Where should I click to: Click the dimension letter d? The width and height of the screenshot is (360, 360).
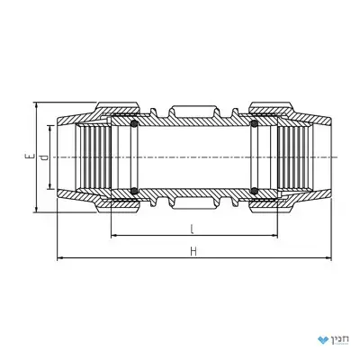click(44, 157)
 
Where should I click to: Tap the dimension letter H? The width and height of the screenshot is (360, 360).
click(193, 251)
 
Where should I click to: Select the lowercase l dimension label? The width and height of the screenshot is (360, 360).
click(192, 229)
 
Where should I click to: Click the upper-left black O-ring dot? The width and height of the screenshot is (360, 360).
click(134, 123)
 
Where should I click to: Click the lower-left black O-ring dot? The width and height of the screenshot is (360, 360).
click(134, 191)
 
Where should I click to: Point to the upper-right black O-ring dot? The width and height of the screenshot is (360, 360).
click(255, 123)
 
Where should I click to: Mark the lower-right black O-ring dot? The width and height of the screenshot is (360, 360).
click(255, 191)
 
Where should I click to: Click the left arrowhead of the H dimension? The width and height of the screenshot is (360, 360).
click(60, 257)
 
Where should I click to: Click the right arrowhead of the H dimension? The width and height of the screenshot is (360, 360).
click(328, 257)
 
